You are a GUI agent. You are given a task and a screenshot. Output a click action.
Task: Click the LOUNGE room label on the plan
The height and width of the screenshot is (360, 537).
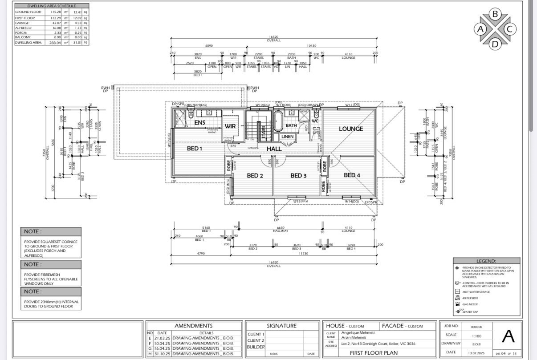(351, 129)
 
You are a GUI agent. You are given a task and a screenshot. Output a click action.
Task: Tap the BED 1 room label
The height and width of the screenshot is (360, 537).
(195, 148)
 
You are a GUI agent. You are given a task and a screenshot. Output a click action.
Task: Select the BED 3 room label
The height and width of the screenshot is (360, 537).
(298, 175)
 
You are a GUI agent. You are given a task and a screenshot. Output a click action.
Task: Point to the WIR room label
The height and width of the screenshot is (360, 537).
(230, 126)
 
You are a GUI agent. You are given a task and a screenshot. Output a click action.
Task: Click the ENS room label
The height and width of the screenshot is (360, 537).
(199, 122)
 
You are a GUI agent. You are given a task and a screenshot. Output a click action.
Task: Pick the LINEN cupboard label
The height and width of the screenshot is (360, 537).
(287, 137)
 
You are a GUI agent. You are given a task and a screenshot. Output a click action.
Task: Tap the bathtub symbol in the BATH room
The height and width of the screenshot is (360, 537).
(278, 122)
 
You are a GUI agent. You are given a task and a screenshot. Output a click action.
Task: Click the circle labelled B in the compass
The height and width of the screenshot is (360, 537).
(495, 14)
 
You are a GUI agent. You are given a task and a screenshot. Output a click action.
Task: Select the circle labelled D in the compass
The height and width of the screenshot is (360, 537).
(495, 44)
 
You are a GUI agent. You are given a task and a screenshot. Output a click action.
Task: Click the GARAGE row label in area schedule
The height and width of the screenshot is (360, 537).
(22, 22)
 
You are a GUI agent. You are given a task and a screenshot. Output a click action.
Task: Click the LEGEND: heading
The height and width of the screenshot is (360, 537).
(486, 261)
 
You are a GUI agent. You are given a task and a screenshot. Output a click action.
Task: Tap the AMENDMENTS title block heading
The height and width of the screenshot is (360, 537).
(193, 326)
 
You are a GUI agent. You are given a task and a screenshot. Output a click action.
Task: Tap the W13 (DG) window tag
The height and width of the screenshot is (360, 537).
(352, 105)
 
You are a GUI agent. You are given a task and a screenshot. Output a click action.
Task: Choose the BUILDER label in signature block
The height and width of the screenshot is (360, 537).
(256, 347)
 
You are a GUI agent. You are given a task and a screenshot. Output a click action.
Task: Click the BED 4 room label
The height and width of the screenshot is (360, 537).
(352, 175)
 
